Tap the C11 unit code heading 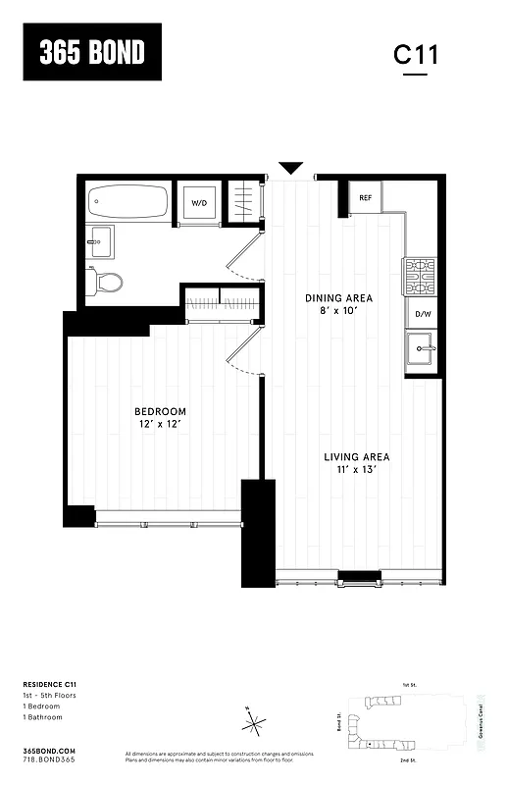pyautogui.click(x=416, y=55)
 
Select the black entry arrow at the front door pyautogui.click(x=291, y=169)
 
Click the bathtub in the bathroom pyautogui.click(x=128, y=203)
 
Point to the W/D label pyautogui.click(x=199, y=203)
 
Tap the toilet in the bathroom pyautogui.click(x=105, y=283)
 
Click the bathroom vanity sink pyautogui.click(x=99, y=241)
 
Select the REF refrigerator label pyautogui.click(x=366, y=198)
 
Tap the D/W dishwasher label pyautogui.click(x=423, y=314)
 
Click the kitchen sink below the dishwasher pyautogui.click(x=423, y=348)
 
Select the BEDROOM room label pyautogui.click(x=160, y=411)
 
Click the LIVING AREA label pyautogui.click(x=357, y=457)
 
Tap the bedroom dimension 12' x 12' pyautogui.click(x=160, y=425)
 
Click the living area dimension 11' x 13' pyautogui.click(x=357, y=471)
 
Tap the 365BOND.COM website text pyautogui.click(x=49, y=750)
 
